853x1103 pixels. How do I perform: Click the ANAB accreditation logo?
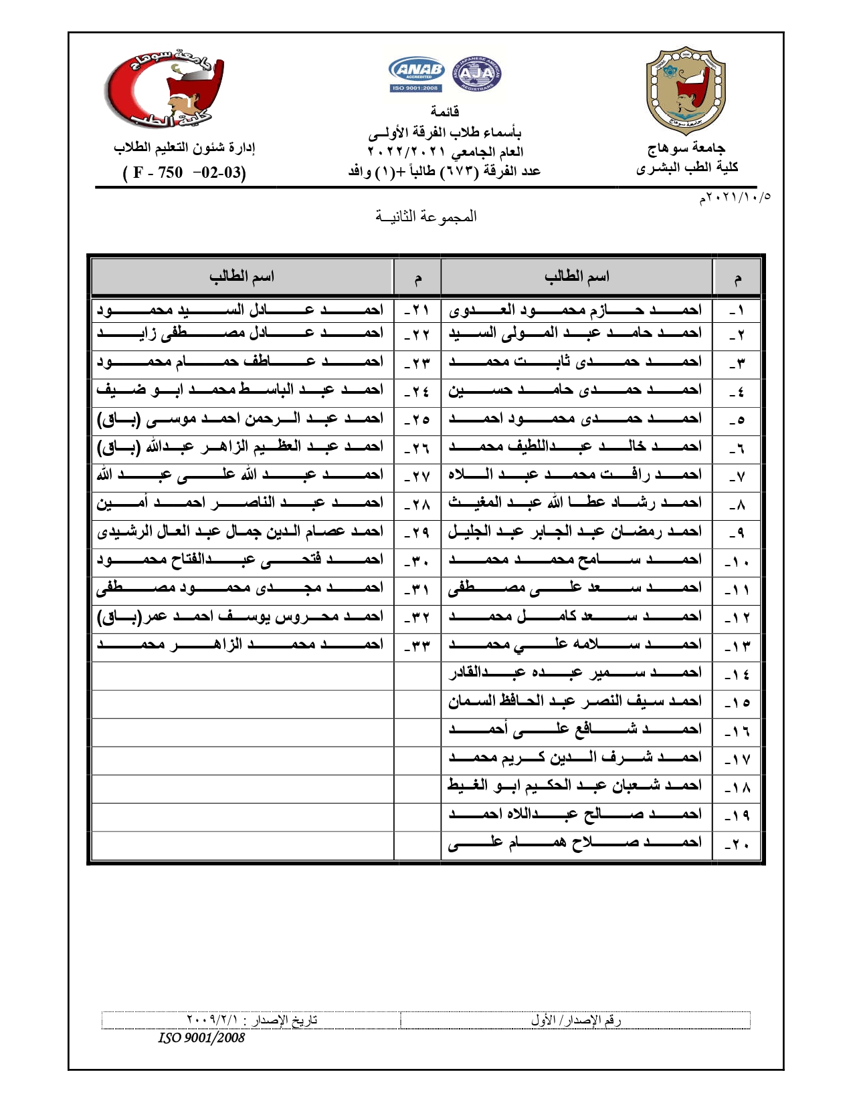[417, 74]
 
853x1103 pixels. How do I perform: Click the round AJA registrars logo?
[477, 74]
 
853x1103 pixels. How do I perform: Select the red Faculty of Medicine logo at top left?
[165, 90]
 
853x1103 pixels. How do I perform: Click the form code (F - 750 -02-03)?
[185, 172]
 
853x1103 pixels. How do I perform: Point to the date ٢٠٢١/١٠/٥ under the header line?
[735, 197]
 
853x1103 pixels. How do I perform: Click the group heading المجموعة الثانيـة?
[426, 216]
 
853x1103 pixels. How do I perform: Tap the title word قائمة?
[445, 111]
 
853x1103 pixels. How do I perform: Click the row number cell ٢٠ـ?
[737, 844]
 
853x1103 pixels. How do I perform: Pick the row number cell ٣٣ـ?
[417, 646]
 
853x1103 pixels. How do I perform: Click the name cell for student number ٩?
[575, 532]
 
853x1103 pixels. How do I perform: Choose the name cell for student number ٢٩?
[241, 532]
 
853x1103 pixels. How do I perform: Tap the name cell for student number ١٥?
[575, 701]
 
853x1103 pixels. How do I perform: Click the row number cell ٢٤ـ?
[417, 390]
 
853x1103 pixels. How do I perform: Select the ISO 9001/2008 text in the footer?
[201, 1037]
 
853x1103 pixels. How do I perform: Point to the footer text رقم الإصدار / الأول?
[576, 1020]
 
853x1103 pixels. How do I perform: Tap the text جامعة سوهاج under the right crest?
[686, 148]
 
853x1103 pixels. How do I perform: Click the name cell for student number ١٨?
[575, 786]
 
